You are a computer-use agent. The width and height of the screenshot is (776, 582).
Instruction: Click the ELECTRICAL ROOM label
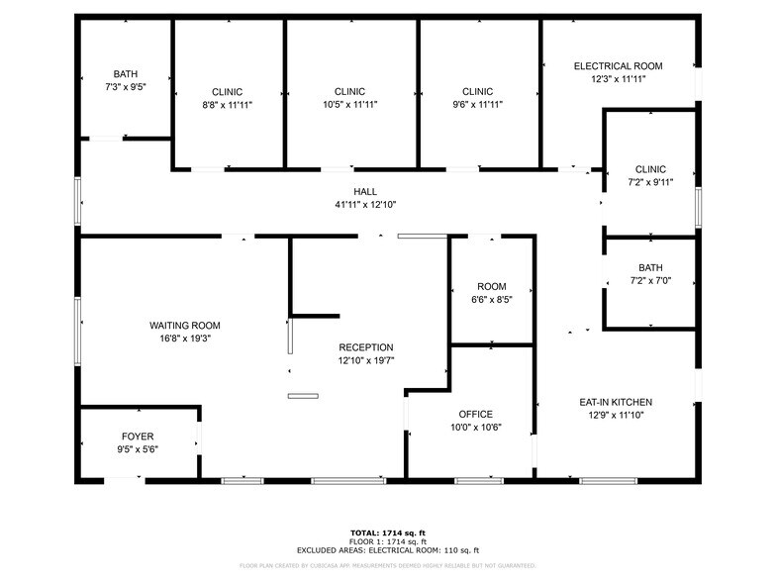pyautogui.click(x=618, y=66)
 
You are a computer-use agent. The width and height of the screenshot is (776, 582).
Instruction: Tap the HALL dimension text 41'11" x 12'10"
pyautogui.click(x=365, y=205)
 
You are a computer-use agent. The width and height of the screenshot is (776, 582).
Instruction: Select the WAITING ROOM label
pyautogui.click(x=184, y=326)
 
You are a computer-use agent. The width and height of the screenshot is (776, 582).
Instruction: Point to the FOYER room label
pyautogui.click(x=138, y=436)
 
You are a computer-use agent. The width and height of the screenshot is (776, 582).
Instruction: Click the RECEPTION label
pyautogui.click(x=365, y=347)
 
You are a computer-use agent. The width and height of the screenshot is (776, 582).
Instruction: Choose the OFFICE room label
pyautogui.click(x=475, y=415)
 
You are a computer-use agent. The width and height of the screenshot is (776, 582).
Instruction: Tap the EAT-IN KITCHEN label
pyautogui.click(x=616, y=402)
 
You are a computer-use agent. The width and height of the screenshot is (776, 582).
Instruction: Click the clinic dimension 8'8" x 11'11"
pyautogui.click(x=227, y=104)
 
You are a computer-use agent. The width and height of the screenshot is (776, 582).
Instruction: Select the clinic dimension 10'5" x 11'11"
pyautogui.click(x=349, y=104)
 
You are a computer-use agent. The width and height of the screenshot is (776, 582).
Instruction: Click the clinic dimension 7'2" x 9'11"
pyautogui.click(x=650, y=182)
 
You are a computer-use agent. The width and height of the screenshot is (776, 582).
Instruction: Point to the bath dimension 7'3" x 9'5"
pyautogui.click(x=125, y=86)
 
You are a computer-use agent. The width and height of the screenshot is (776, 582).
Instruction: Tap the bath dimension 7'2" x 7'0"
pyautogui.click(x=650, y=281)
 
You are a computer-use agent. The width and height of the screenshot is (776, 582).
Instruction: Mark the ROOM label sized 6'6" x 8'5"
pyautogui.click(x=492, y=286)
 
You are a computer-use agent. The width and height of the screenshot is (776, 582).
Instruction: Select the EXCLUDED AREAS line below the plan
pyautogui.click(x=388, y=550)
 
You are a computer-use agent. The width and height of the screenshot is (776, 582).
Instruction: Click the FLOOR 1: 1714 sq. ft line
pyautogui.click(x=388, y=542)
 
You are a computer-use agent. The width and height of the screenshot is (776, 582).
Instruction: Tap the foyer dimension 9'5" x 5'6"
pyautogui.click(x=138, y=449)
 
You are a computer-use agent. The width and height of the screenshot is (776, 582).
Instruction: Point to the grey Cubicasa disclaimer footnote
pyautogui.click(x=388, y=566)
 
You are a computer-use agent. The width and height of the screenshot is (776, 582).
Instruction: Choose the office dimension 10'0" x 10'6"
pyautogui.click(x=475, y=428)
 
